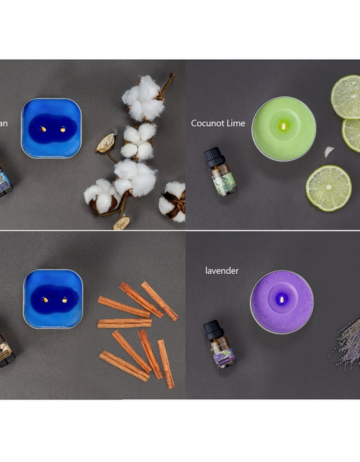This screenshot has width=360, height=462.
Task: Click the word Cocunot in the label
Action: click(210, 123)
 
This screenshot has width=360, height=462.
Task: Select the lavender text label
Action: click(222, 271)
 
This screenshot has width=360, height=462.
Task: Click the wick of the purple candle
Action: click(282, 299)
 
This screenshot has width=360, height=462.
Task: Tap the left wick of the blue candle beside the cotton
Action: click(42, 130)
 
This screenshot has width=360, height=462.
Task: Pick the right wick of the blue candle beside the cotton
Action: click(62, 130)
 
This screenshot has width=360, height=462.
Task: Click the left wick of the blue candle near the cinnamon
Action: click(44, 299)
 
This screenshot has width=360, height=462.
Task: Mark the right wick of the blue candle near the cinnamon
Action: click(63, 299)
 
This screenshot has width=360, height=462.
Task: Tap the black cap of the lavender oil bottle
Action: click(212, 329)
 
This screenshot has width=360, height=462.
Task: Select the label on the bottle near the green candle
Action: click(224, 183)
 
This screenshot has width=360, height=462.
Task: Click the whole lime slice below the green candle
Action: click(328, 188)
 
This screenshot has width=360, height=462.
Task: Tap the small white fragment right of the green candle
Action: click(329, 151)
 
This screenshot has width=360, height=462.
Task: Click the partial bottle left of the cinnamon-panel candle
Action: click(6, 350)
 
